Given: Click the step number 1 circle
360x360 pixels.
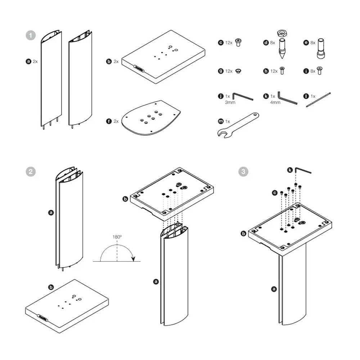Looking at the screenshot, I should [31, 36].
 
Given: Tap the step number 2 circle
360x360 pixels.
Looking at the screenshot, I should [31, 171].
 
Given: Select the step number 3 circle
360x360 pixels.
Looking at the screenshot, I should [244, 171].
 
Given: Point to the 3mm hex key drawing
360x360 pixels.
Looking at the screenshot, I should [242, 97].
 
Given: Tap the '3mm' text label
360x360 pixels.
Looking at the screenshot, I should [230, 103].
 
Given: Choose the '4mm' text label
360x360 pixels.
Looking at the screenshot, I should [275, 103].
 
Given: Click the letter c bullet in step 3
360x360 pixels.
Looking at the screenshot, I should [275, 193].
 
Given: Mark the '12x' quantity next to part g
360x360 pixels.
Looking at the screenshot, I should [229, 71].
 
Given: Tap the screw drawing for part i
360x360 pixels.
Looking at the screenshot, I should [319, 70].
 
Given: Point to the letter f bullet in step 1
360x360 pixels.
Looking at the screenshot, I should [109, 121].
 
